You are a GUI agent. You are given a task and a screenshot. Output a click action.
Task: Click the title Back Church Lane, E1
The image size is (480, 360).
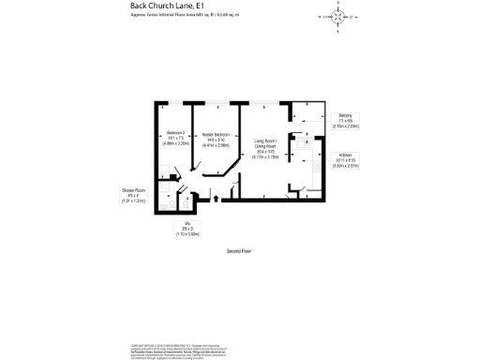pyautogui.click(x=157, y=7)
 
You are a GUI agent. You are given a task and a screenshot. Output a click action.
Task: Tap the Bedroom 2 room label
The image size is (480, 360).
pyautogui.click(x=176, y=133)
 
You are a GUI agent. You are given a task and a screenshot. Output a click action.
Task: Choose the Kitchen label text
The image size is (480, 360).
pyautogui.click(x=345, y=155)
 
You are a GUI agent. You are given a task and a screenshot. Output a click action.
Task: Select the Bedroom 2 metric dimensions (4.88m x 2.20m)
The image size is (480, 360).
pyautogui.click(x=176, y=144)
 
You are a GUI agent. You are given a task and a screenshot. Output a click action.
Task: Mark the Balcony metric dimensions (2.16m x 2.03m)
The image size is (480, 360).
pyautogui.click(x=346, y=126)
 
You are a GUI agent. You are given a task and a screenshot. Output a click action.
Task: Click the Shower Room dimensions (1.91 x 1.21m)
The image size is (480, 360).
pyautogui.click(x=132, y=201)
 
